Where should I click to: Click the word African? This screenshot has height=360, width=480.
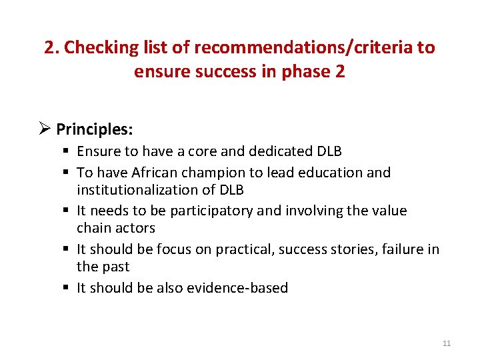pos(160,173)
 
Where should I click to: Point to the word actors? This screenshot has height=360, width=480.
pos(135,228)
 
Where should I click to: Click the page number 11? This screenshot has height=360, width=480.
pos(447,343)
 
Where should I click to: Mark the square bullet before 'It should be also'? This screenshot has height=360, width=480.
pos(68,288)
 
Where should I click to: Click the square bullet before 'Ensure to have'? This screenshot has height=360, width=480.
pos(68,151)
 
